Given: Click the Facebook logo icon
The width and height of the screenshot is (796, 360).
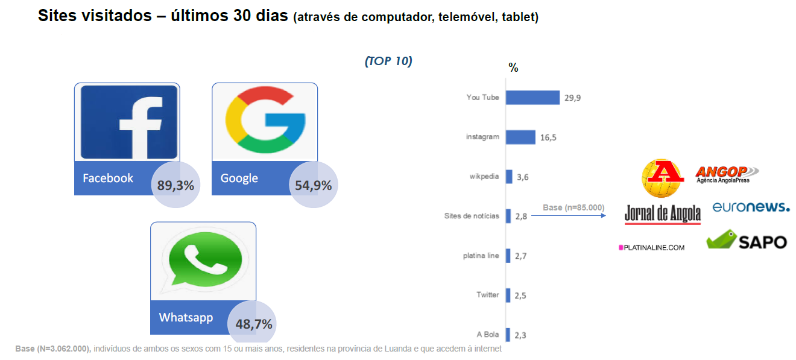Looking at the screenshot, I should point(128,122).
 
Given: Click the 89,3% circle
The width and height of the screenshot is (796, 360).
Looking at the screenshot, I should point(175,185).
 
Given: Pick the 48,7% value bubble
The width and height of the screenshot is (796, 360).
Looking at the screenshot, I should point(253,324).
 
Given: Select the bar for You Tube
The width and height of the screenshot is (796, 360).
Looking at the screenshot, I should point(532,97).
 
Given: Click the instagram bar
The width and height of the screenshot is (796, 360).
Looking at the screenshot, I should point(520,137).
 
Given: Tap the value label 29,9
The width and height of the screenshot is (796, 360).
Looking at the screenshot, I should point(573,98).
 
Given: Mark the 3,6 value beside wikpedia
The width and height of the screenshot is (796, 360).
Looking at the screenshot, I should point(522,177).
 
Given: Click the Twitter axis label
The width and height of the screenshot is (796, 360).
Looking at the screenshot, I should point(487,295).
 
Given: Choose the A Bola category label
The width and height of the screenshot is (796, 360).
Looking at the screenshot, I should point(487,335).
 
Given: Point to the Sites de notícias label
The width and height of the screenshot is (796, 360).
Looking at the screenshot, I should point(471,216).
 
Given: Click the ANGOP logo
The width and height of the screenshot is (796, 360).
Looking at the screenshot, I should point(726,174).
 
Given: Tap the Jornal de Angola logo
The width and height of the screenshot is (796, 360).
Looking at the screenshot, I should point(662,213).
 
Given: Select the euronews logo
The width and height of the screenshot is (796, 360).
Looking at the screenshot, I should point(751,207).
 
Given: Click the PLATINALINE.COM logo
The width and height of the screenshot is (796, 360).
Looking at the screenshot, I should point(651,247).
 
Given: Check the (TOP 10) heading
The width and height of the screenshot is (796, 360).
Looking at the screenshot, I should point(388,62).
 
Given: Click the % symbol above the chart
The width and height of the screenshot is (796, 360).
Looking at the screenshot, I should point(513,68).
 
